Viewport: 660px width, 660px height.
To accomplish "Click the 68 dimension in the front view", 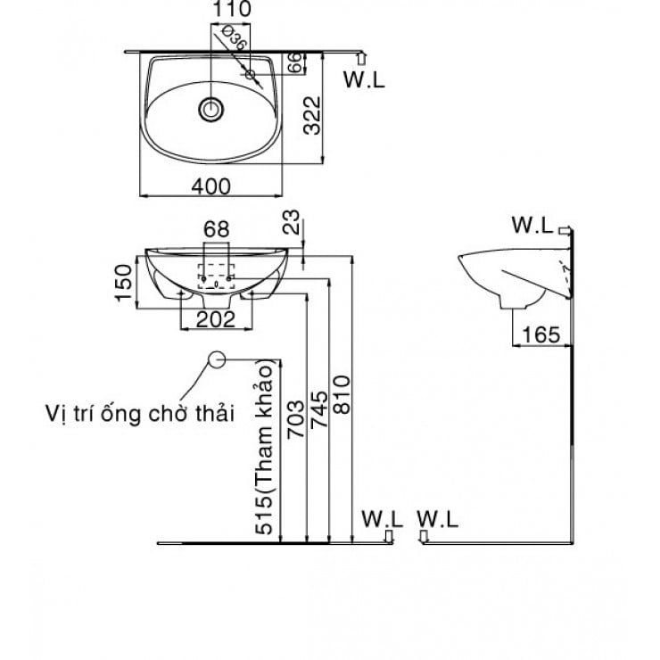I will [217, 229].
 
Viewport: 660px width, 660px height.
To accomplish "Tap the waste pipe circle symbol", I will [216, 359].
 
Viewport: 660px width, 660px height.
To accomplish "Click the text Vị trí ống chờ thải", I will [138, 414].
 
